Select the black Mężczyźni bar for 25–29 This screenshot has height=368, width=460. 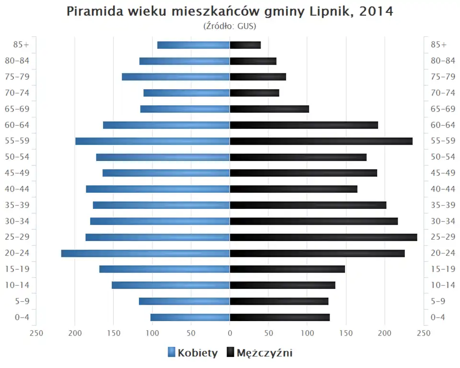323,237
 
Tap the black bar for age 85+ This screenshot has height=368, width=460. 245,45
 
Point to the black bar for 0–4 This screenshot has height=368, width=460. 280,317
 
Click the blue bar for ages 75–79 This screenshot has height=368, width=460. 176,77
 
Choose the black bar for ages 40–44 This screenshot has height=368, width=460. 294,189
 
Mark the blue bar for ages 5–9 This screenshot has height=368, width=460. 184,301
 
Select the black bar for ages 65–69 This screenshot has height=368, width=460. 269,109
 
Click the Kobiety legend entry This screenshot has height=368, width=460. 193,353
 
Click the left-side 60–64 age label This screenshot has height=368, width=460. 17,125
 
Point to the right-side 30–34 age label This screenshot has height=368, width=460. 443,221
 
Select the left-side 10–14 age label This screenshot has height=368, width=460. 17,285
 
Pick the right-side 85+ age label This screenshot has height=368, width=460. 438,45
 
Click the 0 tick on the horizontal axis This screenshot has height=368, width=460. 230,333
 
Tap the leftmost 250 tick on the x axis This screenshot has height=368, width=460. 36,333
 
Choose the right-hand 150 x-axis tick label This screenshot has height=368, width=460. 346,333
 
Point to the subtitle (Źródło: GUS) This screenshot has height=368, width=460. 230,25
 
